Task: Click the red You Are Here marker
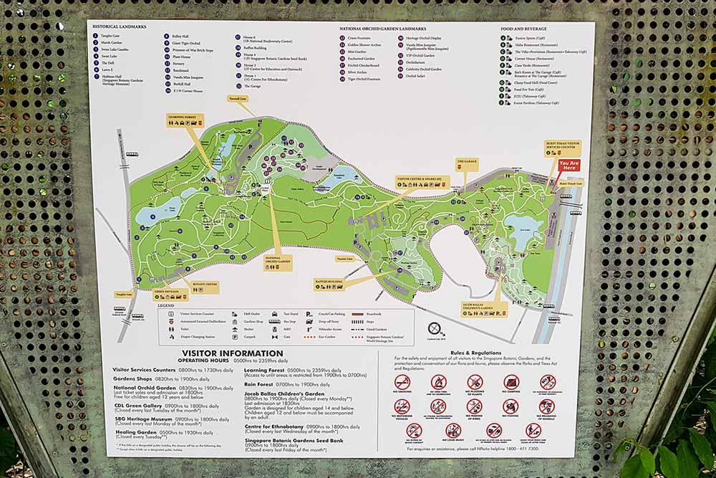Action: pos(569,166)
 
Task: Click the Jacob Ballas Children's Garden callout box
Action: pos(484,309)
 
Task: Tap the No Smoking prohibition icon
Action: pos(403,382)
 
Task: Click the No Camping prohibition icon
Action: pos(511,382)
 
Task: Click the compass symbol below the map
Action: pos(436,328)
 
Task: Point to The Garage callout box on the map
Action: pos(467,162)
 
